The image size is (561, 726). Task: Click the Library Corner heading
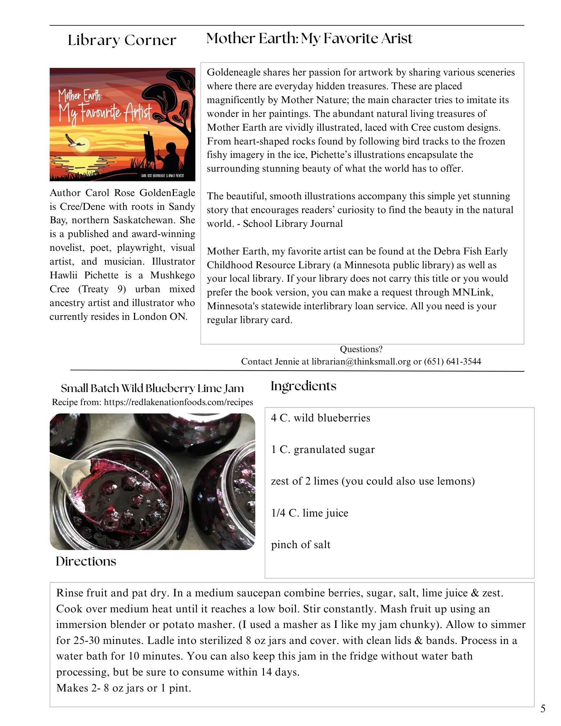click(122, 40)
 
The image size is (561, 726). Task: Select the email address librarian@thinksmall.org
click(361, 362)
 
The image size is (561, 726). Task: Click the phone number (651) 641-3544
click(452, 362)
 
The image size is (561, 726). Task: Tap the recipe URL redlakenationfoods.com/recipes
click(178, 402)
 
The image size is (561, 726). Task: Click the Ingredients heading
click(303, 386)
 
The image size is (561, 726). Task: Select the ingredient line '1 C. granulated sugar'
click(323, 449)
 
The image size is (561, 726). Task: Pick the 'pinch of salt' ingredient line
click(301, 544)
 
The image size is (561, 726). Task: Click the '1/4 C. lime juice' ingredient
click(309, 513)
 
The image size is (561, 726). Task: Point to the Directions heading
click(86, 561)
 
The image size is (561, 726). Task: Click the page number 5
click(543, 709)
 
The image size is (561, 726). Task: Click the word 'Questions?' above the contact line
click(361, 349)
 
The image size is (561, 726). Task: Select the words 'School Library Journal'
click(293, 224)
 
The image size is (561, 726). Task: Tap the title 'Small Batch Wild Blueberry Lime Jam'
click(152, 388)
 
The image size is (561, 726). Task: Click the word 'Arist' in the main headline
click(397, 38)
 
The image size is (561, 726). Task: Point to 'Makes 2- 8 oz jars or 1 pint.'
click(123, 688)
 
